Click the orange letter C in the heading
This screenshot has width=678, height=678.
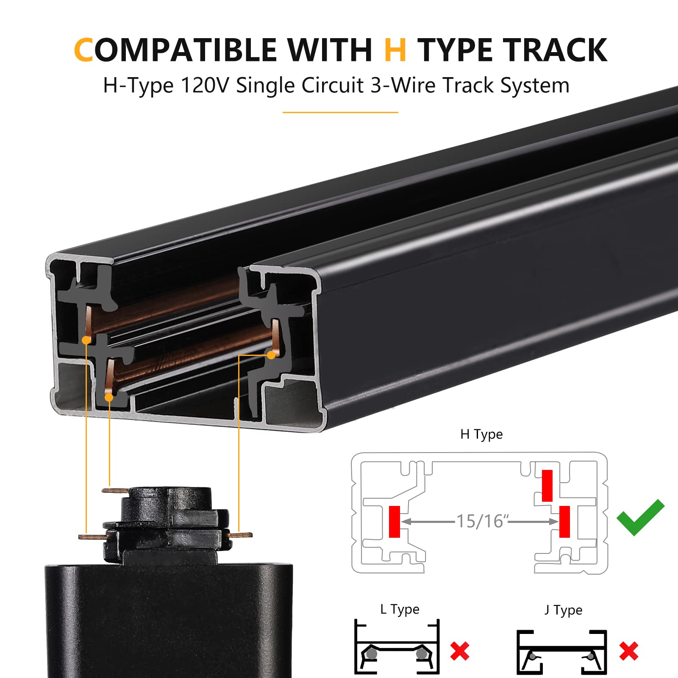(83, 50)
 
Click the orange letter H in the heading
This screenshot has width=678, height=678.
(395, 50)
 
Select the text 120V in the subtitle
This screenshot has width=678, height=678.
(205, 86)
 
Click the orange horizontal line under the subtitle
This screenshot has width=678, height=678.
(340, 112)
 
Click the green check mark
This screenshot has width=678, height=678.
(640, 517)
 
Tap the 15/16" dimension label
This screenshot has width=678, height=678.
(481, 521)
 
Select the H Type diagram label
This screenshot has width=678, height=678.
(481, 434)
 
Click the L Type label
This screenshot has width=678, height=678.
(400, 609)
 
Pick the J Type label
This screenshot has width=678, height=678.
(563, 610)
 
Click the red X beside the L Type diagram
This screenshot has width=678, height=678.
(460, 651)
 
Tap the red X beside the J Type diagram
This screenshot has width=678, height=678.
(628, 651)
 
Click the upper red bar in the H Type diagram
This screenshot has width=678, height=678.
(547, 486)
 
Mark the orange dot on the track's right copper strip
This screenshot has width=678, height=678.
(271, 355)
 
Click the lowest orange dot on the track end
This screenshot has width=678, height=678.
(109, 397)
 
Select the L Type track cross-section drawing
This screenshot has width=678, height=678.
(397, 647)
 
